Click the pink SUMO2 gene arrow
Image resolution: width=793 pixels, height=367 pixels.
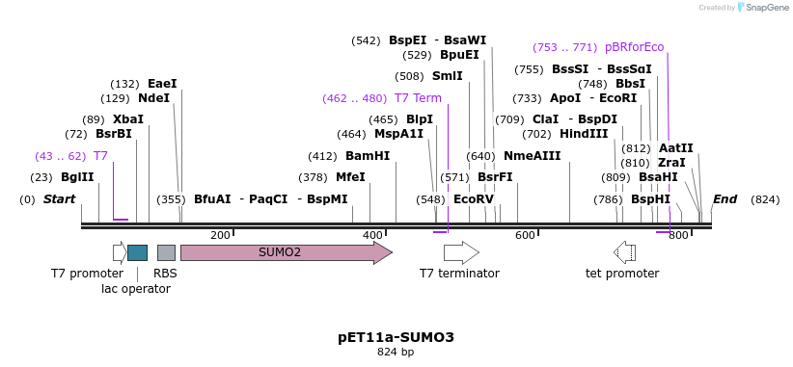(x=285, y=252)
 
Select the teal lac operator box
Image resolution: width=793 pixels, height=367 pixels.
(x=137, y=252)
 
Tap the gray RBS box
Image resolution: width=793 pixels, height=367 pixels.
(x=166, y=252)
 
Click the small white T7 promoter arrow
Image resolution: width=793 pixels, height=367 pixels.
(x=120, y=252)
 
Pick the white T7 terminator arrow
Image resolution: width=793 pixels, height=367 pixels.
(x=461, y=252)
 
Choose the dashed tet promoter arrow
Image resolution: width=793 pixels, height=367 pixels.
(x=624, y=252)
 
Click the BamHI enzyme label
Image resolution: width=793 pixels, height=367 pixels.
(x=368, y=156)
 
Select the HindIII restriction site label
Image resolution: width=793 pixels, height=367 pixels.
(x=584, y=134)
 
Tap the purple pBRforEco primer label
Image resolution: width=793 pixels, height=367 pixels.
(x=634, y=47)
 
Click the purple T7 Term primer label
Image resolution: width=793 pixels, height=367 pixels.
(x=418, y=98)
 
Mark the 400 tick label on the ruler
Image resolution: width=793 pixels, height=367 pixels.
(x=372, y=236)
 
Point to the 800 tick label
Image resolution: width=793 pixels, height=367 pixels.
(x=677, y=236)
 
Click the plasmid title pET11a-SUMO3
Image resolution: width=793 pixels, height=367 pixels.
(x=396, y=337)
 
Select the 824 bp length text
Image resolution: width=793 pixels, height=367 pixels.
(x=396, y=353)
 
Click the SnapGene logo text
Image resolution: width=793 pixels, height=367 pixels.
(x=766, y=8)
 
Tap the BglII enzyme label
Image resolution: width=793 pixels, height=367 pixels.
(x=77, y=177)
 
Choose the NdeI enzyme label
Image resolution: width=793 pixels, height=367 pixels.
(x=153, y=98)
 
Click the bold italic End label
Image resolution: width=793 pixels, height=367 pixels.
(x=725, y=199)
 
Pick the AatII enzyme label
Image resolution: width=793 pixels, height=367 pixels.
(x=675, y=148)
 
